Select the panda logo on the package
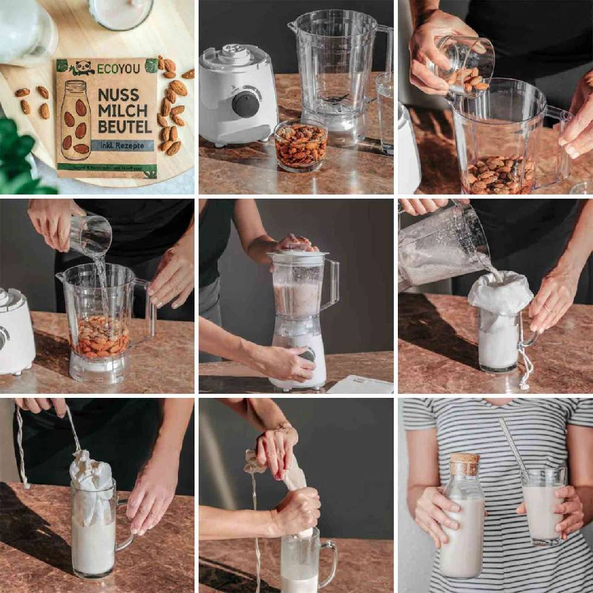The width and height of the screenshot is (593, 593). click(82, 67)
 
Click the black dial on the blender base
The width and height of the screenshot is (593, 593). click(245, 104)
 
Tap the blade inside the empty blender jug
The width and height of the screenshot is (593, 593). click(336, 98)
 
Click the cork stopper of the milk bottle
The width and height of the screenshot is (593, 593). click(464, 464)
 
